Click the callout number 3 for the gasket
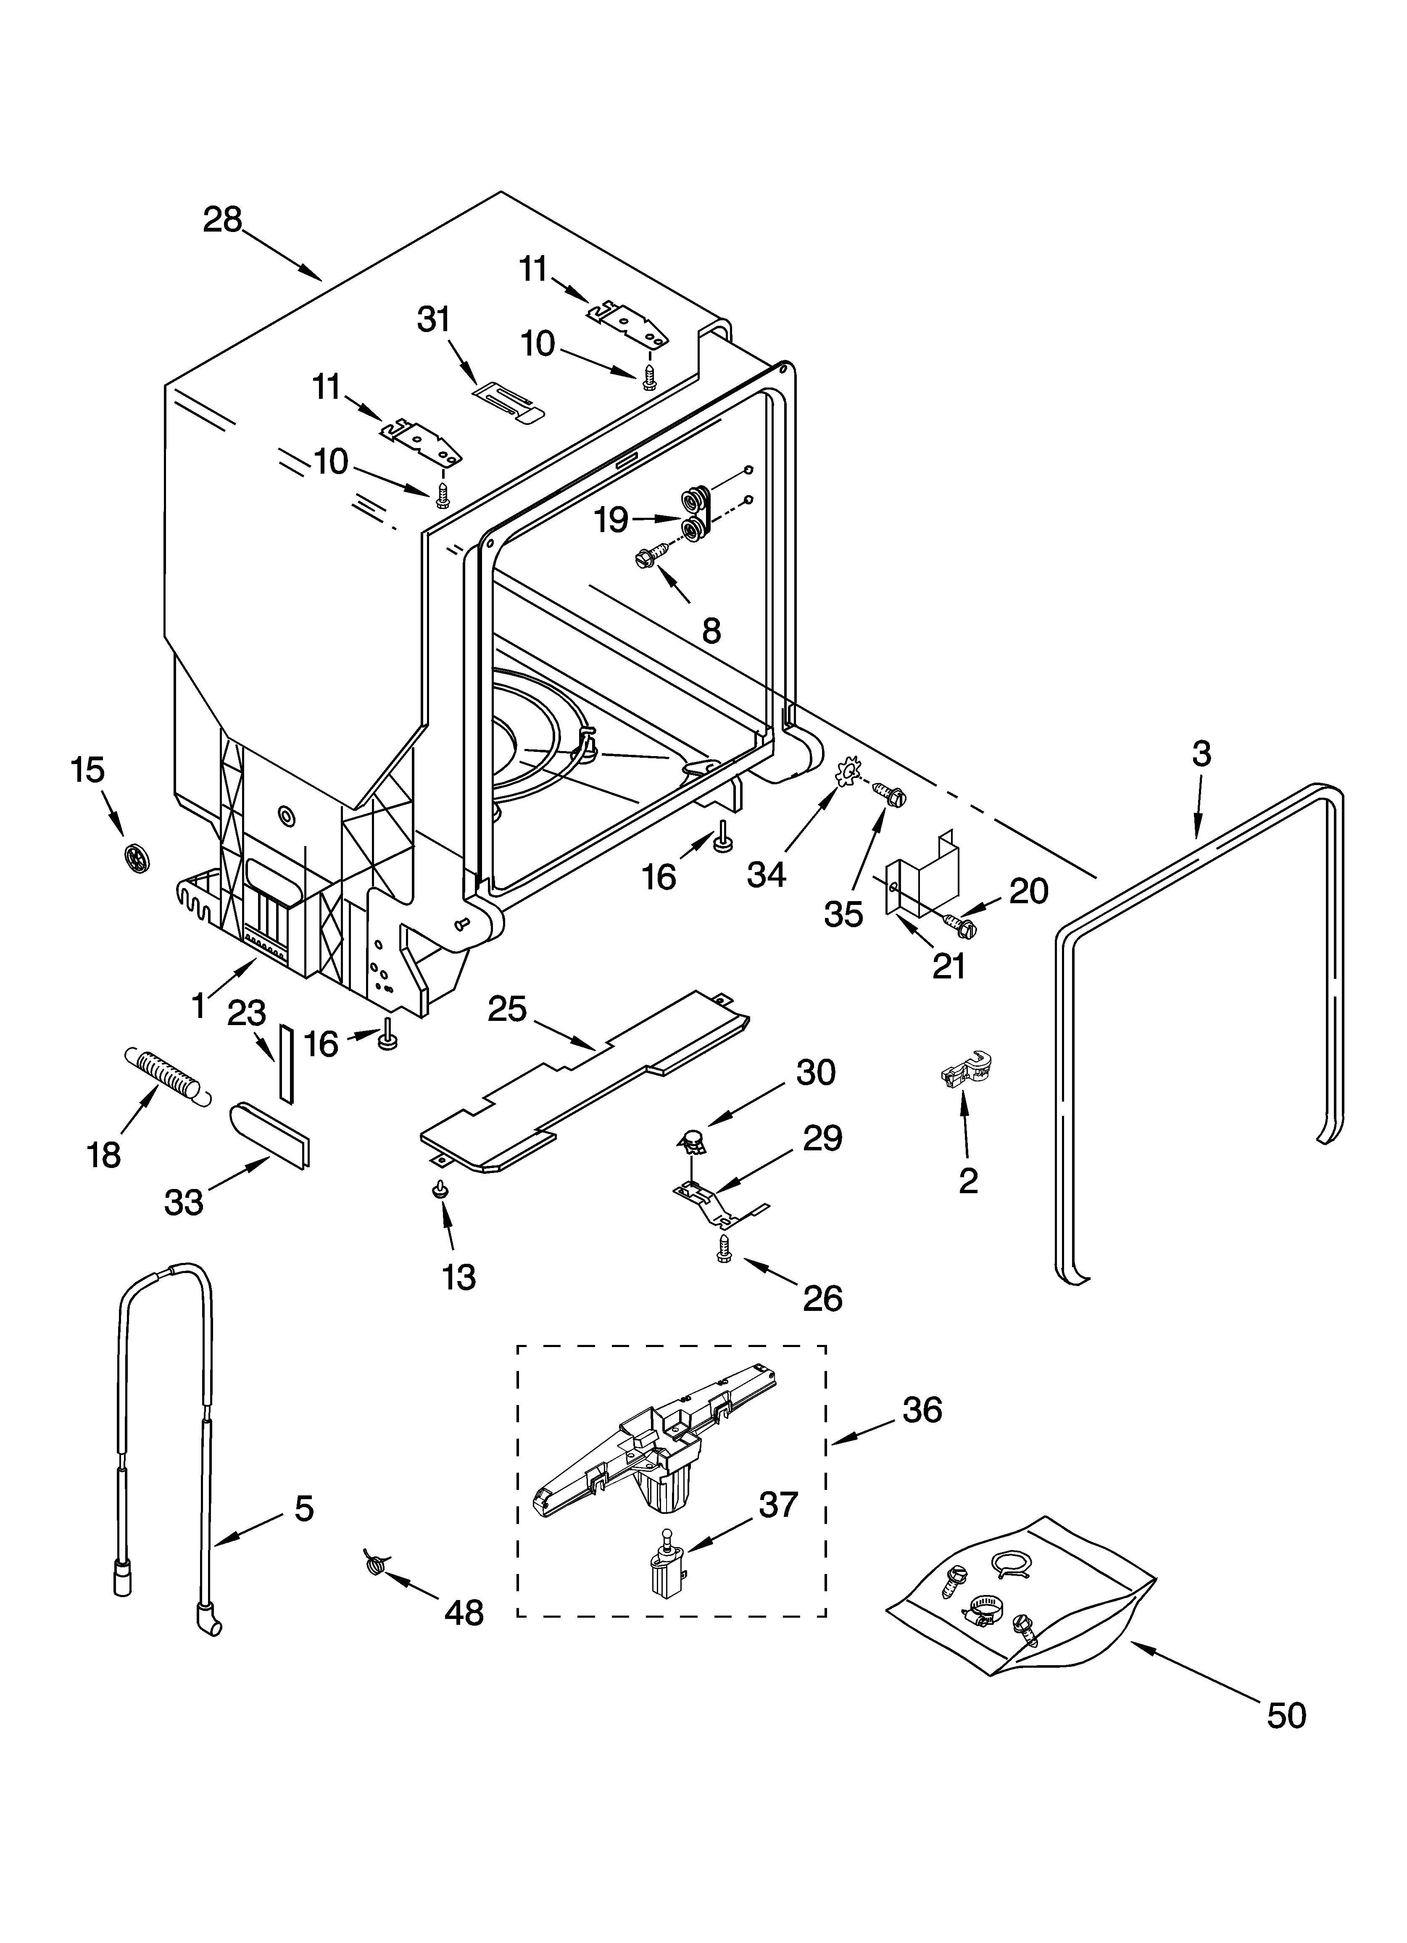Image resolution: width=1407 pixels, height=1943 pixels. (x=1201, y=754)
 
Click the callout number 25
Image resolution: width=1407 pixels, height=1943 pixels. (x=506, y=1009)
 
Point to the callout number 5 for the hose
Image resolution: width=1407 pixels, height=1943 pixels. (x=304, y=1508)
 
